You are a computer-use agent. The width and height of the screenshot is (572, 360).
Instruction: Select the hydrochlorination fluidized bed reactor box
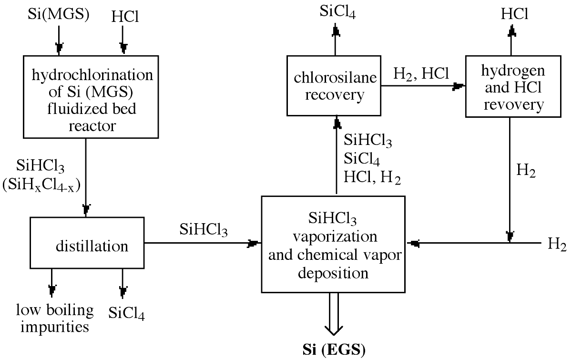[x=91, y=96]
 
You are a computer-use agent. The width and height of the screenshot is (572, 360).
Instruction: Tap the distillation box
[x=88, y=243]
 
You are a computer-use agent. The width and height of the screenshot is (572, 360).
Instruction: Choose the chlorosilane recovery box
[x=335, y=86]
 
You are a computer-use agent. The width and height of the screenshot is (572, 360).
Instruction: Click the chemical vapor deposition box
[x=333, y=244]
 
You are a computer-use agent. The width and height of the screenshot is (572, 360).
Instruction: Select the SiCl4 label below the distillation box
[x=126, y=314]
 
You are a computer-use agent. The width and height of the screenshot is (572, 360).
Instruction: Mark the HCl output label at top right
[x=514, y=14]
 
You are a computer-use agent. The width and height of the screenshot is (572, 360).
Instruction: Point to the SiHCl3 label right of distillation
[x=204, y=230]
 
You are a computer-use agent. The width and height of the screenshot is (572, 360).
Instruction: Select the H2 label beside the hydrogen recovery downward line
[x=527, y=172]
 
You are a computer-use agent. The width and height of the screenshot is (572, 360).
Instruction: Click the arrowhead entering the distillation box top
[x=86, y=209]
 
